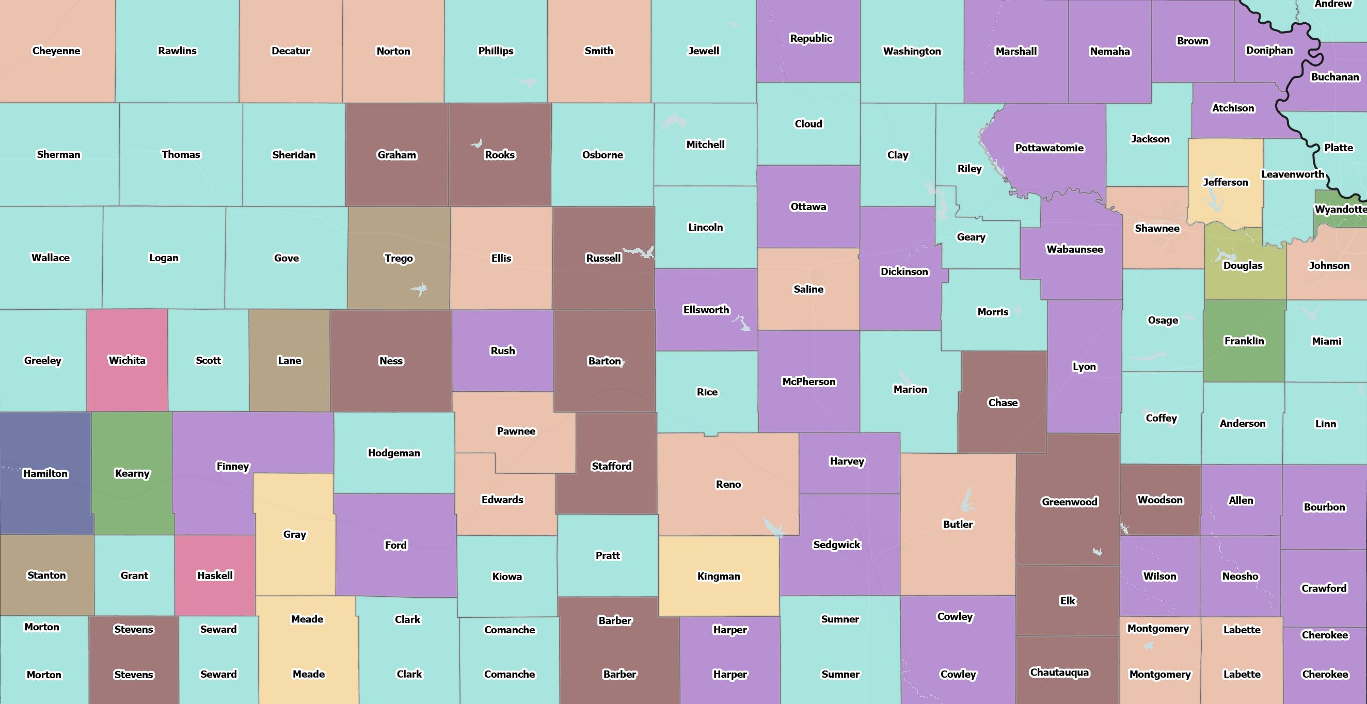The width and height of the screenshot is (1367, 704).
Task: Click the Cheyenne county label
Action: pos(56,51)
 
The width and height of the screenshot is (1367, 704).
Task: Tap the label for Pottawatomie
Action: pos(1049,148)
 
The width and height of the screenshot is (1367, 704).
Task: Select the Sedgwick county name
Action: pos(836,545)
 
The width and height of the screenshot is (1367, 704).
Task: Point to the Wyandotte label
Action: pos(1340,209)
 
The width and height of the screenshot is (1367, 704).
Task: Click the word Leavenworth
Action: pos(1292,174)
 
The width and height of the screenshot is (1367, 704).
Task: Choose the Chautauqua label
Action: pos(1059,673)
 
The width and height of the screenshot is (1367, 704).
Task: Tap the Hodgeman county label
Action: pos(394,453)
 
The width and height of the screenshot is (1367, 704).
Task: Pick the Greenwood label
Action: pos(1069,502)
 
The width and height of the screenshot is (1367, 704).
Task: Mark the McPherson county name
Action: pos(809,382)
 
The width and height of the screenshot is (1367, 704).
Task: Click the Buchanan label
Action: pos(1334,77)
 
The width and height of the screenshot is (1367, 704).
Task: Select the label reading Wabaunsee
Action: pos(1075,249)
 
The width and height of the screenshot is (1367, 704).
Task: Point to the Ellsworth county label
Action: pos(706,310)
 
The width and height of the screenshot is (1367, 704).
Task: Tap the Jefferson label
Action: pos(1226,183)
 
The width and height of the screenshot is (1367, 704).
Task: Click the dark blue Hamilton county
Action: pos(45,493)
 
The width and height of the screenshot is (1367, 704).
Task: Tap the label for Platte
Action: pos(1338,148)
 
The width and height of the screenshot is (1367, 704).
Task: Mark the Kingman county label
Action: pos(719,577)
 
